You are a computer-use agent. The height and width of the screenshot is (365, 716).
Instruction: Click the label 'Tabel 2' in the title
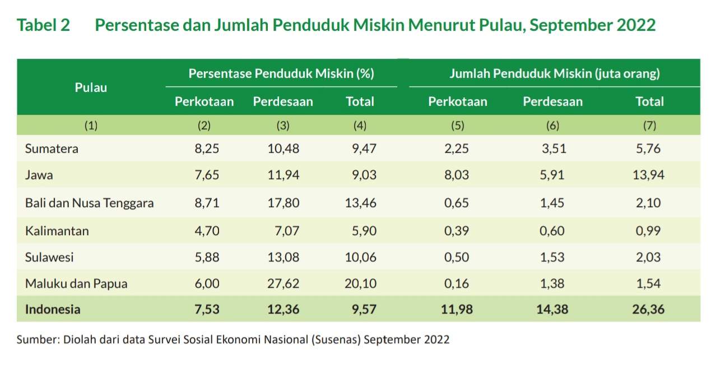coord(44,25)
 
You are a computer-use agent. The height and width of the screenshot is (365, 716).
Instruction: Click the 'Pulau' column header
coord(91,87)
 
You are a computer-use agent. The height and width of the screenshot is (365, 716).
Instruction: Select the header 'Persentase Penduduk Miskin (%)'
coord(281,73)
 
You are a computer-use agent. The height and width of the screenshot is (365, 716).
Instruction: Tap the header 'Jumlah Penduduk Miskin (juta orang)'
coord(554,73)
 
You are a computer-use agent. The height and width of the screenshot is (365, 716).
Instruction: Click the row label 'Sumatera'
coord(52,148)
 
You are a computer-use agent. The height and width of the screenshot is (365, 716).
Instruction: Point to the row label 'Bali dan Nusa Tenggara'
coord(89,203)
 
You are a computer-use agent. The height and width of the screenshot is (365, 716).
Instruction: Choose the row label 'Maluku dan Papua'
coord(76,284)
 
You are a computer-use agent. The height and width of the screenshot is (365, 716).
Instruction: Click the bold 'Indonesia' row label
coord(53,310)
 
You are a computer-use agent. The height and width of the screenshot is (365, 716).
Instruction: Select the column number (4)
coord(360,125)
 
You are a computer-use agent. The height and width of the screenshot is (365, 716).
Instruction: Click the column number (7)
coord(650,125)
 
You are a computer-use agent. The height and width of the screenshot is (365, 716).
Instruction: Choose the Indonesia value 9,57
coord(361,310)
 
